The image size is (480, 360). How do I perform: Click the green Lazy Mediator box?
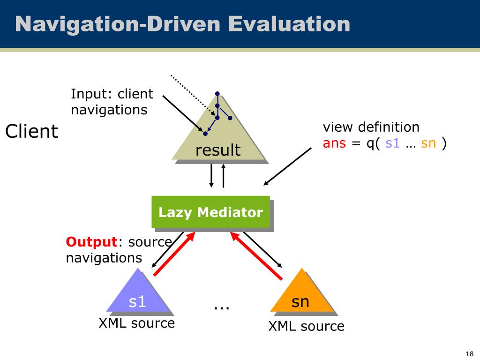[210, 212]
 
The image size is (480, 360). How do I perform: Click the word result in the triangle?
[218, 150]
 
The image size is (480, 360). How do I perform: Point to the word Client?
[31, 132]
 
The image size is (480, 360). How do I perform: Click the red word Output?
[91, 242]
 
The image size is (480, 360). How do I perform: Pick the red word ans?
[334, 143]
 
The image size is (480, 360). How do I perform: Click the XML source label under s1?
[136, 323]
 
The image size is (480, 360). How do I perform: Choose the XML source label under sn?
[306, 326]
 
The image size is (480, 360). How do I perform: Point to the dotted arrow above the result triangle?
[192, 96]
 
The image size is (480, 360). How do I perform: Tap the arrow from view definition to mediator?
[288, 166]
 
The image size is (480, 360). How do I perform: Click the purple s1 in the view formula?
[392, 143]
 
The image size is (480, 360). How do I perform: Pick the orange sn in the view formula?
[428, 143]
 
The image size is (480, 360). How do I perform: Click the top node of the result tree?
[217, 94]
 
